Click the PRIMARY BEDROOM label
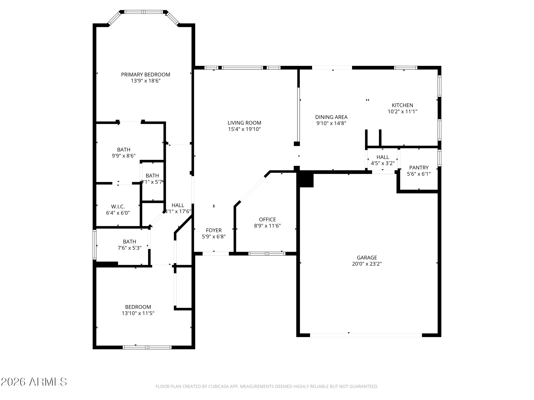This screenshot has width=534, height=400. click(145, 75)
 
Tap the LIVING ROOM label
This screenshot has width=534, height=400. click(244, 123)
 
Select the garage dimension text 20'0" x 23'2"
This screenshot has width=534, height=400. click(367, 264)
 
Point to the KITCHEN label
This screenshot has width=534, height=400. click(402, 105)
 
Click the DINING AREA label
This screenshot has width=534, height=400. click(331, 117)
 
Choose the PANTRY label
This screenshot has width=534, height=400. click(419, 168)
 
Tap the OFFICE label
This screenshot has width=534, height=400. click(267, 220)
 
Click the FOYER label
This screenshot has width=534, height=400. click(214, 230)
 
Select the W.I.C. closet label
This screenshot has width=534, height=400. click(118, 207)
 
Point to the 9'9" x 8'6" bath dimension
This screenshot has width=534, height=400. click(124, 156)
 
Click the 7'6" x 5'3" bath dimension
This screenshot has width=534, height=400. click(130, 248)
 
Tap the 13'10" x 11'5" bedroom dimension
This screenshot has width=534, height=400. click(138, 313)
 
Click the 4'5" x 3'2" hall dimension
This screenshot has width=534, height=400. click(383, 164)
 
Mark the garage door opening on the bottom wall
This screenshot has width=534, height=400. click(366, 335)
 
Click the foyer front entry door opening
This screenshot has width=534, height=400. click(216, 254)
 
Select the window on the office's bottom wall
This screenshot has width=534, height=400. click(267, 254)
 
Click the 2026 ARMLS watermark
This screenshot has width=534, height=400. click(34, 382)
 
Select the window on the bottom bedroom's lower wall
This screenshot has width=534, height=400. click(147, 347)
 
